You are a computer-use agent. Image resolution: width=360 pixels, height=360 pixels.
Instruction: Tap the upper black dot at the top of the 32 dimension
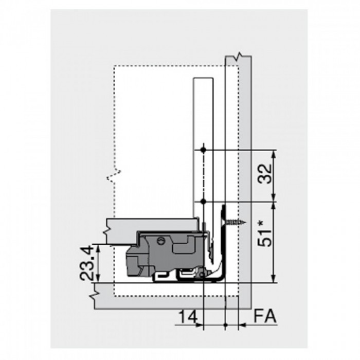click(204, 150)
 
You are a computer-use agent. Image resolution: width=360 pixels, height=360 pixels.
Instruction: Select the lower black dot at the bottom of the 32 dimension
click(204, 201)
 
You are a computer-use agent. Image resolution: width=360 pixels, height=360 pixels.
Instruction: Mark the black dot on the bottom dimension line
click(226, 325)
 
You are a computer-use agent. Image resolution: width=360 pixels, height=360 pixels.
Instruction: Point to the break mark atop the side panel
click(238, 56)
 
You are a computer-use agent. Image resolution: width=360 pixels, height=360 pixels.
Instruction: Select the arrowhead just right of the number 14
click(201, 325)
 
